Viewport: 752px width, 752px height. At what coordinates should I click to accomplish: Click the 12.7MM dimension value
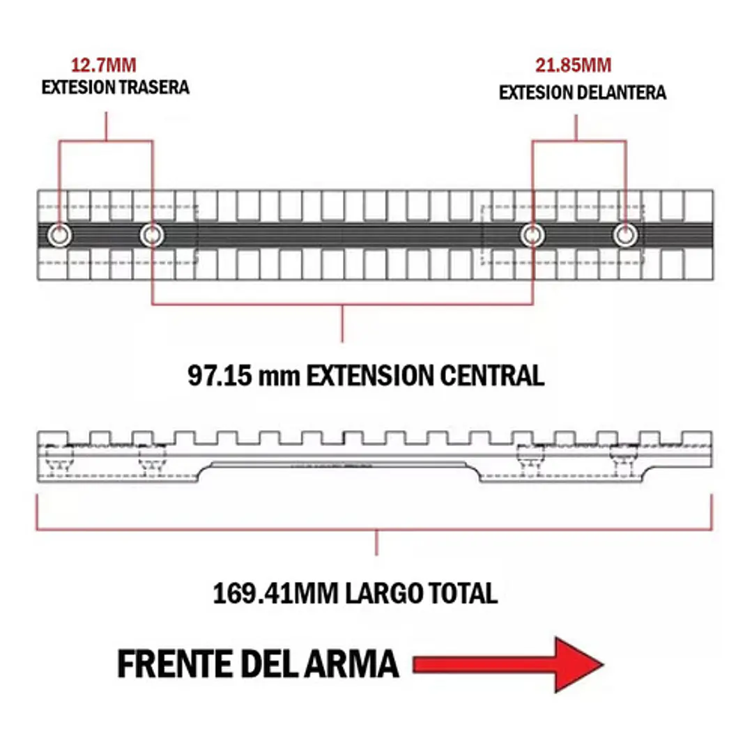click(103, 66)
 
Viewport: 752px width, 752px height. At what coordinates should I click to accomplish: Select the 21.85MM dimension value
click(573, 66)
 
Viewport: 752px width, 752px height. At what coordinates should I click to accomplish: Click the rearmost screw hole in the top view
click(59, 236)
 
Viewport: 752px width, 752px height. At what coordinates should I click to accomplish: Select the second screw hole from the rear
click(152, 236)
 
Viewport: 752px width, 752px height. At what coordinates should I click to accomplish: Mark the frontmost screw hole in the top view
click(625, 236)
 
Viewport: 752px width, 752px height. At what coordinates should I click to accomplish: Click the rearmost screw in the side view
click(59, 459)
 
